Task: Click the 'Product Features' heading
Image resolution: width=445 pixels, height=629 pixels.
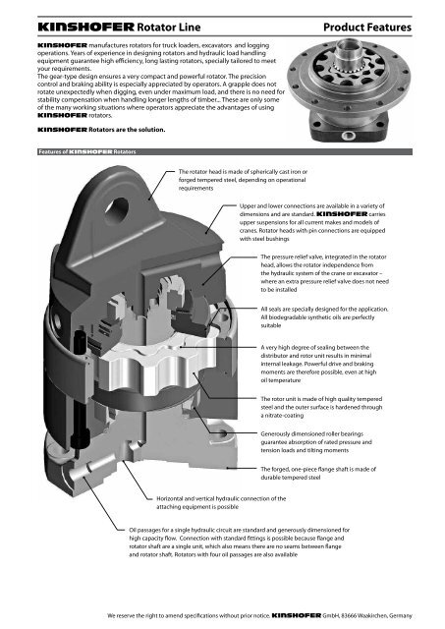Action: (378, 19)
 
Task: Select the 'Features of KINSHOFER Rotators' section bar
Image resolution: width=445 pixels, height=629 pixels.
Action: (80, 150)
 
